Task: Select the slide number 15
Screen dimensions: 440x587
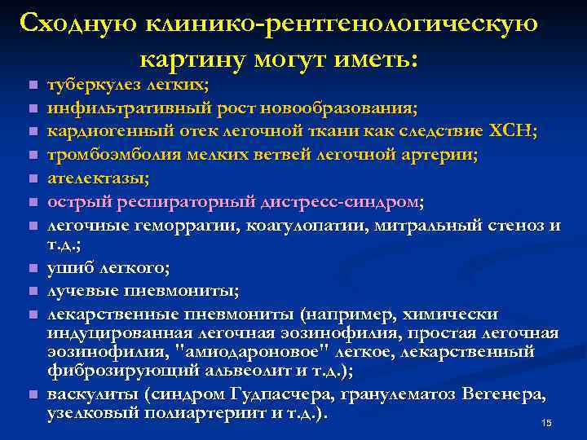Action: click(546, 423)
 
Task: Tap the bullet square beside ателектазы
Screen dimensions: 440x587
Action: click(32, 179)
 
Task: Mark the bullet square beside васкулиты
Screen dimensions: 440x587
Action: click(32, 396)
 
